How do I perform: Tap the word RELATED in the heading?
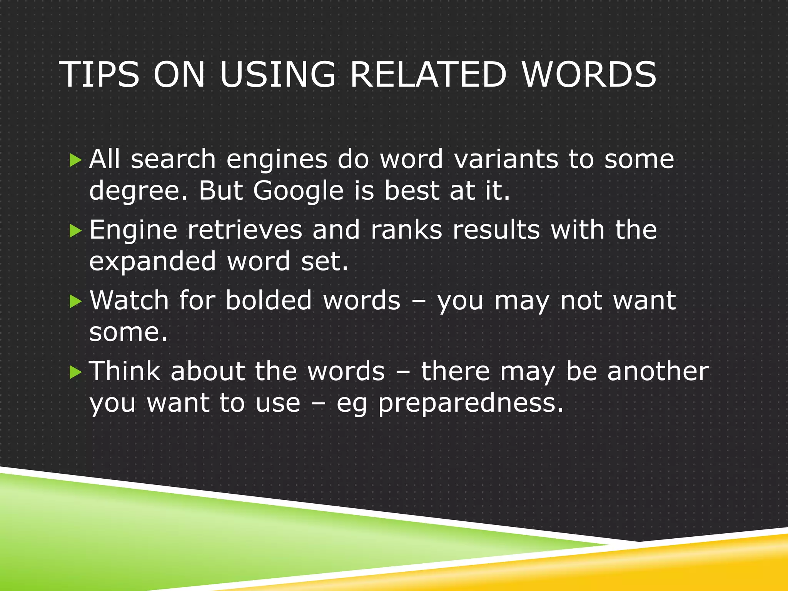pos(428,75)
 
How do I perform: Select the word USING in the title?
pos(277,75)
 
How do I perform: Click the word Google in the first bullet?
pos(298,191)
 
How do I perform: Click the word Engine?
pos(133,230)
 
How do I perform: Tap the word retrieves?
pos(245,230)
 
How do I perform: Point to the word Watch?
pos(129,301)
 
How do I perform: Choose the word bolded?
pos(269,301)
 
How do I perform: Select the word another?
pos(658,371)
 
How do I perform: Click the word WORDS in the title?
pos(589,75)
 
